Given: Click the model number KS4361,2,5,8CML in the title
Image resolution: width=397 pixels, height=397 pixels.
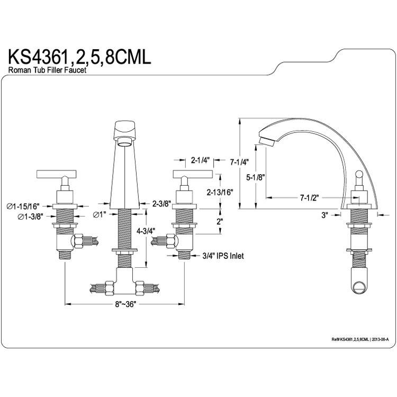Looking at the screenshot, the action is [x=79, y=57].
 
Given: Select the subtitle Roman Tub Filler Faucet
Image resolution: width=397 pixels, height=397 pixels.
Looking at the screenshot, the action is [x=47, y=70].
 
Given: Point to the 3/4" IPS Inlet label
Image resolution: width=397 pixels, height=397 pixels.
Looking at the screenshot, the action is [x=223, y=256].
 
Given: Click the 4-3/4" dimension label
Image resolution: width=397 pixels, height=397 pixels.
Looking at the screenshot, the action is [x=146, y=231].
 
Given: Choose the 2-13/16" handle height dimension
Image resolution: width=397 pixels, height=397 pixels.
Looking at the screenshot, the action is [x=220, y=193].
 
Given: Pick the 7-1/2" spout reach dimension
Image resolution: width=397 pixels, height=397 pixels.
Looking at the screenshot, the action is [x=310, y=197].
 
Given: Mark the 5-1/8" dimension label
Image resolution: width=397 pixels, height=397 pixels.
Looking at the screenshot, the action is [x=256, y=177].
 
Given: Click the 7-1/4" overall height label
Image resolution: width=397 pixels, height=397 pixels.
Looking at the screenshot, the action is [x=239, y=162].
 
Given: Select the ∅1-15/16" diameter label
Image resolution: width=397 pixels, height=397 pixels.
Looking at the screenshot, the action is [x=23, y=206].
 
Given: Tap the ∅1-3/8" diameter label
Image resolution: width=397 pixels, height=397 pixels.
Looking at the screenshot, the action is [x=30, y=216].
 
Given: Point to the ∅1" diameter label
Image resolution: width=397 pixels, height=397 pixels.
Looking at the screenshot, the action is [x=100, y=215].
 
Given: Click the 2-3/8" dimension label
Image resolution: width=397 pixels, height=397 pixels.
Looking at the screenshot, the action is [x=162, y=203].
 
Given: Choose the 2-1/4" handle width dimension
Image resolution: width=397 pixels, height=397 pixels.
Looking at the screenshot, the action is [x=201, y=160].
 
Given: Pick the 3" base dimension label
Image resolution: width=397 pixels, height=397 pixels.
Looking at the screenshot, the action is [x=324, y=215].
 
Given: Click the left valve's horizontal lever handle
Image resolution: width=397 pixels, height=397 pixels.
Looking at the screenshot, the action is [x=57, y=174].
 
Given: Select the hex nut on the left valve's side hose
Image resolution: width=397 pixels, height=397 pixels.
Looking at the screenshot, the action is [x=78, y=241].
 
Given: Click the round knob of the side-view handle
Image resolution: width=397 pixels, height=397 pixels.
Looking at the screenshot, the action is [x=359, y=174].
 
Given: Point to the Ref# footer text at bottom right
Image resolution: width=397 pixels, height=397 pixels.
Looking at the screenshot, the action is [x=360, y=339].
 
